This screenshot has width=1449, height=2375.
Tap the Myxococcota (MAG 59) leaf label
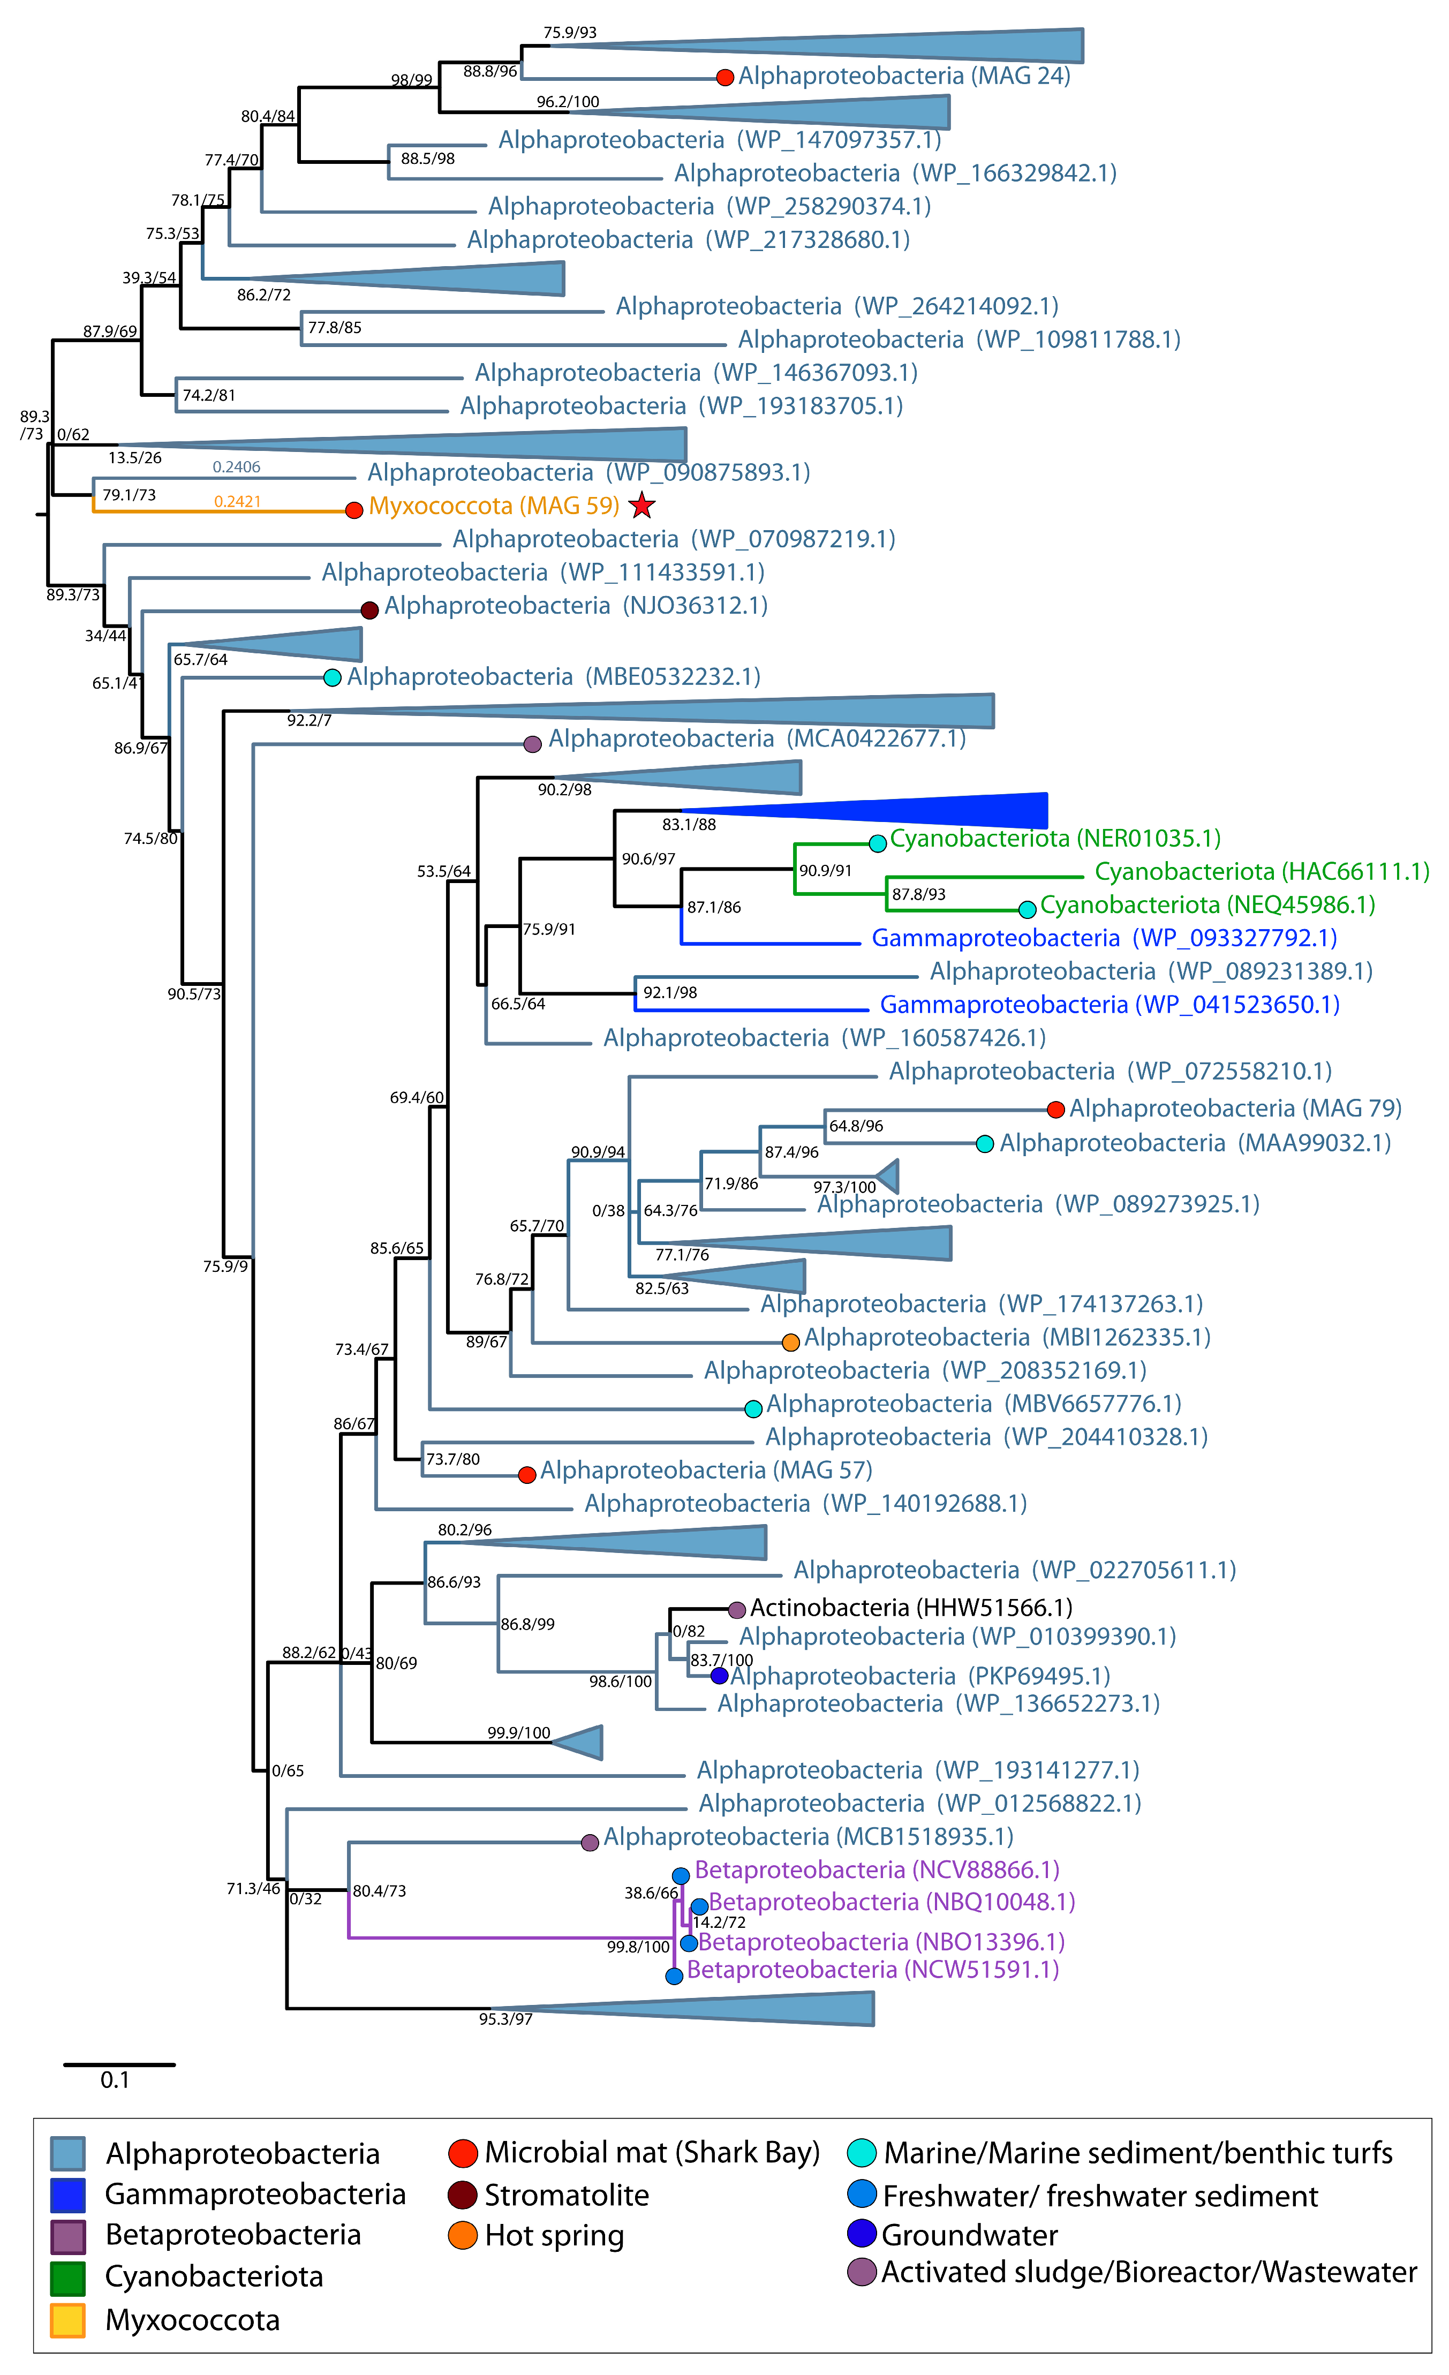[x=494, y=506]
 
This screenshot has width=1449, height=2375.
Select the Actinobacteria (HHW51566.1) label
[x=911, y=1608]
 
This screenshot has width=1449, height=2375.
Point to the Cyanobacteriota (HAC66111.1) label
[x=1261, y=871]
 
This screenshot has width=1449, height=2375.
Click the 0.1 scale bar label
[x=115, y=2080]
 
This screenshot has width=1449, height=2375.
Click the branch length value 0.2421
[x=237, y=501]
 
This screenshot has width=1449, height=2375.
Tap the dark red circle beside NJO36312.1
[x=369, y=609]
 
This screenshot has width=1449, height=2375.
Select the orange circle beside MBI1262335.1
[x=790, y=1341]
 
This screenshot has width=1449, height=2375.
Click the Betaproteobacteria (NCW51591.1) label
[x=872, y=1969]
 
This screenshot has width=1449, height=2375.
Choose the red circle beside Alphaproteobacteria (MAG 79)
[x=1055, y=1110]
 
